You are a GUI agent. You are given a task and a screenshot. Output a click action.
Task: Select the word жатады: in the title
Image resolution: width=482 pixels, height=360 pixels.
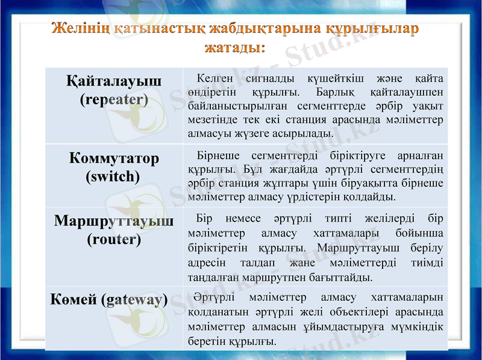click(235, 47)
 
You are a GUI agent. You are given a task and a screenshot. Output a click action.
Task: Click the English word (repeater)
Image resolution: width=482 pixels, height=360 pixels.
click(114, 99)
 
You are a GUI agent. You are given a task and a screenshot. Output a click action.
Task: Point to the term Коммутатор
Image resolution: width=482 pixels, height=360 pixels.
click(114, 159)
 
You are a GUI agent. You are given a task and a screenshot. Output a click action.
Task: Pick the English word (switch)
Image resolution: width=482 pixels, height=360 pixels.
click(114, 177)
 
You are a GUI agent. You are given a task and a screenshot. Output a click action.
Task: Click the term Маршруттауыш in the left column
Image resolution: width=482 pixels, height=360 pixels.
click(114, 221)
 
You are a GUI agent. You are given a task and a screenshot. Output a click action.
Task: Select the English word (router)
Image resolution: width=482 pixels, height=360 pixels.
click(114, 239)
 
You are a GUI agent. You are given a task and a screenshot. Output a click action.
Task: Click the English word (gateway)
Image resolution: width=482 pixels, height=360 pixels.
click(135, 300)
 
